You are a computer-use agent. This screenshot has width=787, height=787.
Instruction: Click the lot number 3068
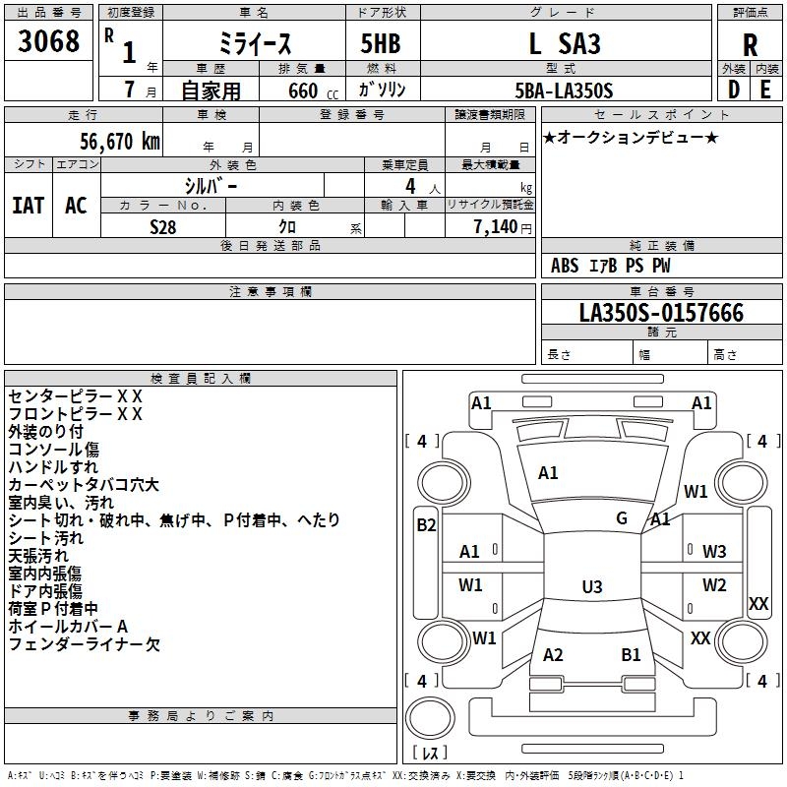pos(49,42)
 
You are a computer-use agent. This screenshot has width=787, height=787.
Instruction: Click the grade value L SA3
pos(564,44)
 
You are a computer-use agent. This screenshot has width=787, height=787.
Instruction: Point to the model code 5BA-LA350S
pos(564,91)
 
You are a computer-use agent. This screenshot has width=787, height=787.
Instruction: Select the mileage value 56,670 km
pos(109,141)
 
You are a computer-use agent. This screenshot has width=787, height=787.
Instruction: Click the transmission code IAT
pos(28,206)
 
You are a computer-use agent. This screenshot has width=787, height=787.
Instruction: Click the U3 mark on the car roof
pos(591,586)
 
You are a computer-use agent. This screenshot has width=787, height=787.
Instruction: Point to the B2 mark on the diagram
pos(426,525)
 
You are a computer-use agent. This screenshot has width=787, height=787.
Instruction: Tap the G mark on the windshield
pos(622,518)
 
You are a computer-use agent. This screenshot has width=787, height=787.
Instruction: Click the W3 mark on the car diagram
pos(714,552)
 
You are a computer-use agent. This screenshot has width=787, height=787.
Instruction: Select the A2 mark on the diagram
pos(553,655)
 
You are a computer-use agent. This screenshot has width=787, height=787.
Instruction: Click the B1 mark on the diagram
pos(631,655)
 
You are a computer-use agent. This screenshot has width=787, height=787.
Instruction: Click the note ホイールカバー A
pos(68,627)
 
